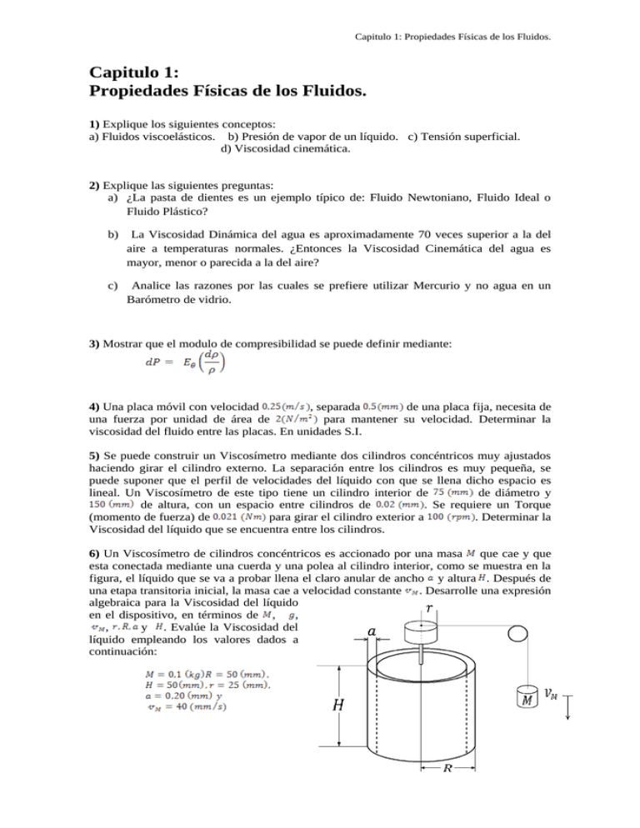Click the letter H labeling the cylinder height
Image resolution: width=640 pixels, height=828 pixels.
(x=339, y=706)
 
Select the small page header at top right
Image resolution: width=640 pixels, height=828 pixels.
(x=455, y=37)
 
